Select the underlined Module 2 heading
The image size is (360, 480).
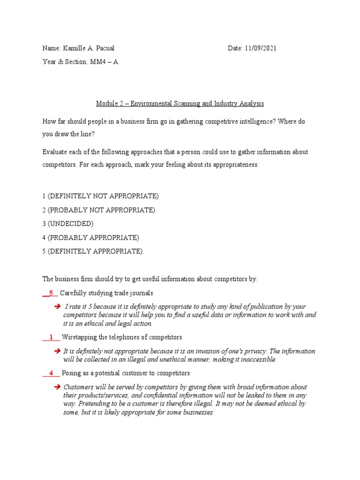point(180,103)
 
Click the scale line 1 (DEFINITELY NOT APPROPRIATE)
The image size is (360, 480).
point(100,196)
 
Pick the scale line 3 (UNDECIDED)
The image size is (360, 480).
point(68,224)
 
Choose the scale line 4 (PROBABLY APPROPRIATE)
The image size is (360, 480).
point(90,238)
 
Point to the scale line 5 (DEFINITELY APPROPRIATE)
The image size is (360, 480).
point(93,251)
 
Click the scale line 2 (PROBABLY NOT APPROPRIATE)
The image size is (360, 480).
point(98,210)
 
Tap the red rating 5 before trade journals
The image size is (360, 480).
point(51,293)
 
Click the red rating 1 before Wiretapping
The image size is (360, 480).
point(51,337)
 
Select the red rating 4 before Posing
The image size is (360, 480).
point(51,373)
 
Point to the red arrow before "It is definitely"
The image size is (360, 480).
point(57,351)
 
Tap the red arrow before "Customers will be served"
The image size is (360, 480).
point(57,387)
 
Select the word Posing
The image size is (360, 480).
point(71,374)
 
